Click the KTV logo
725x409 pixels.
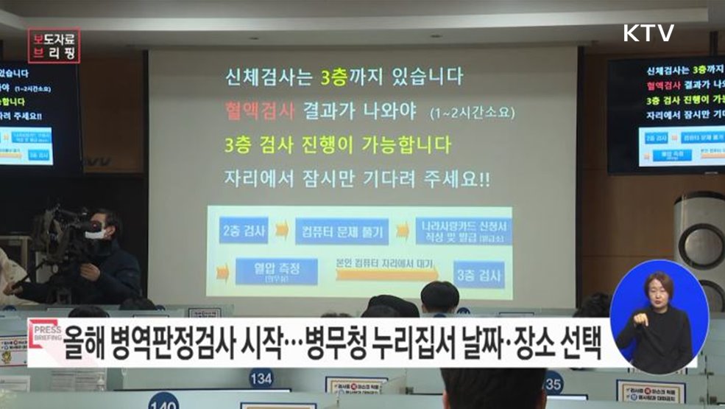(x=648, y=33)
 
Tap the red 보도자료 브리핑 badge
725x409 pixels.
(x=55, y=45)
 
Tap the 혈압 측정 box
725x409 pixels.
(x=277, y=270)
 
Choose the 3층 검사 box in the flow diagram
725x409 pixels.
(x=478, y=276)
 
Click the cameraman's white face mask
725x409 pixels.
(x=93, y=234)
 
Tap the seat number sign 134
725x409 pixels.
(x=261, y=378)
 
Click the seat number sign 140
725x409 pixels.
(x=163, y=402)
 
